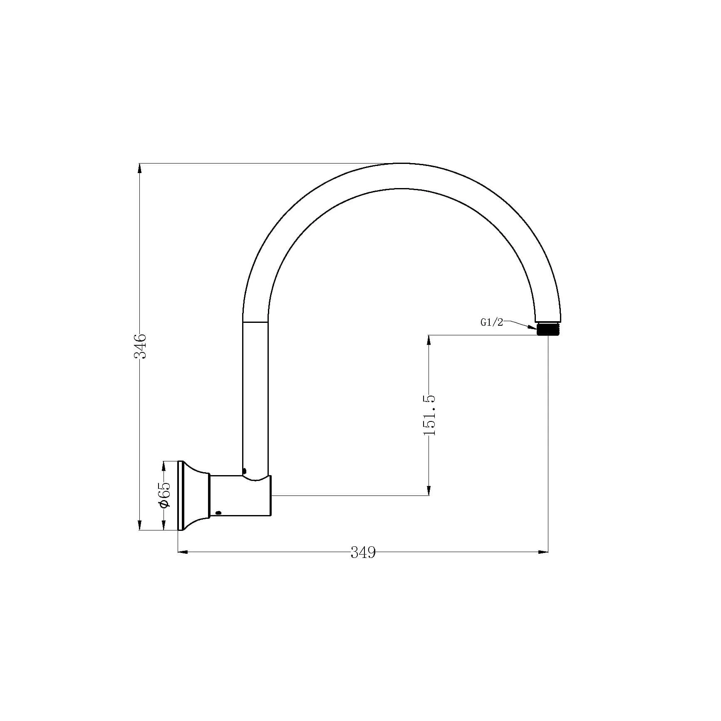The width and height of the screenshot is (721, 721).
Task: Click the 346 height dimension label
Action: (x=140, y=346)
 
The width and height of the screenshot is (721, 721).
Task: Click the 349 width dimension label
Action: (x=363, y=553)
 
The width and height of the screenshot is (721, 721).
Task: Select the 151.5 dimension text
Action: (x=429, y=415)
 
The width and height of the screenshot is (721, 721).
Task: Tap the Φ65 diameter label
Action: (x=164, y=495)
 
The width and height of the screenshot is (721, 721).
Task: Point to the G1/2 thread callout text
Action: (x=492, y=322)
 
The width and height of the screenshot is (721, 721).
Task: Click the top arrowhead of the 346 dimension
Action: (x=139, y=168)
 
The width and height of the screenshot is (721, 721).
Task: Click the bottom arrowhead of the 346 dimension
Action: (x=139, y=525)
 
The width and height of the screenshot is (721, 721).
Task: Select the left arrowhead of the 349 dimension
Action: (x=183, y=552)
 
